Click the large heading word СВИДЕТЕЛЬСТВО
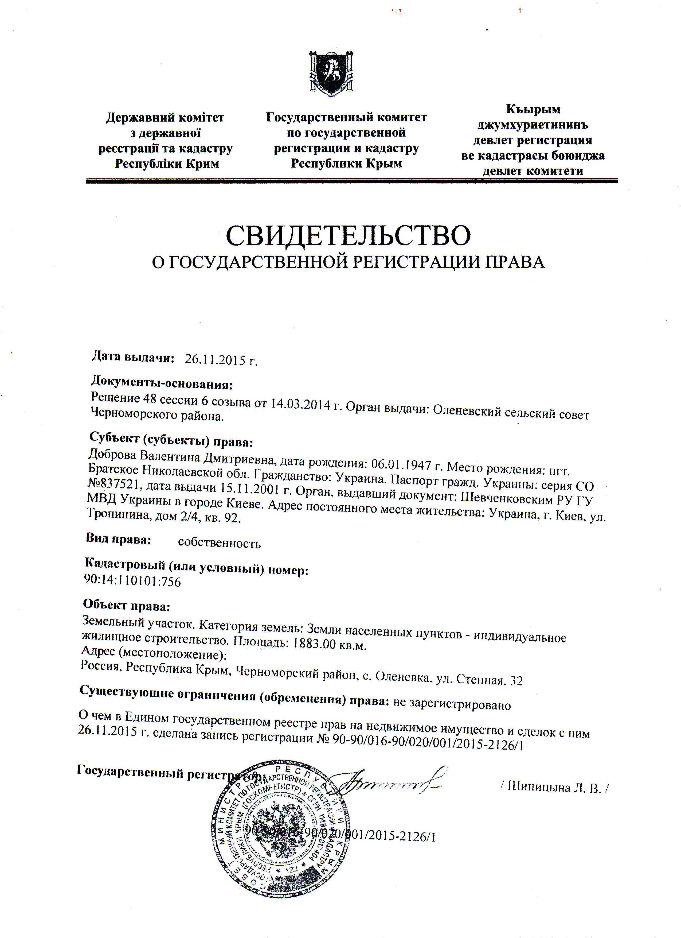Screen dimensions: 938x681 (348, 235)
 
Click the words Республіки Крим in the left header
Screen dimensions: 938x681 (167, 164)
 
